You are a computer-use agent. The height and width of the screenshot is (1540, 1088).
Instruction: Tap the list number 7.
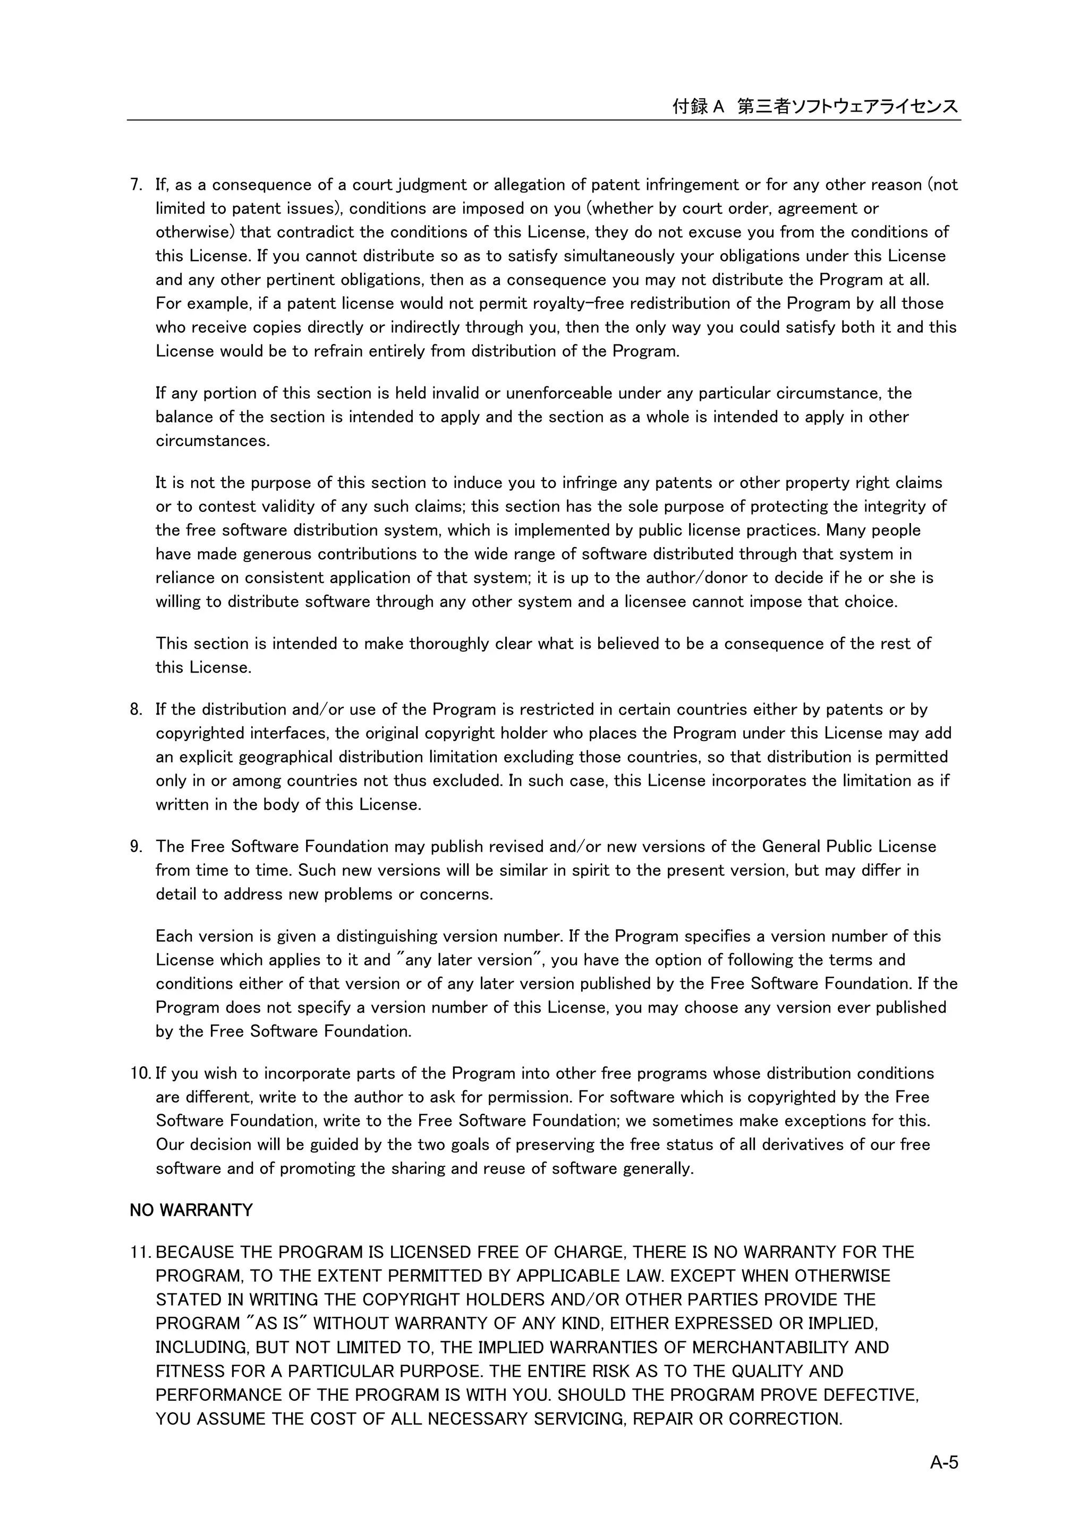coord(135,184)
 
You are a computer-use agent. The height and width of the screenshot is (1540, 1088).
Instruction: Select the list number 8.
coord(135,710)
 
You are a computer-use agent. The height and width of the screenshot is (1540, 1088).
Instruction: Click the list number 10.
coord(140,1073)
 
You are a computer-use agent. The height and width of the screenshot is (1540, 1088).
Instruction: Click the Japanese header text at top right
coord(815,106)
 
